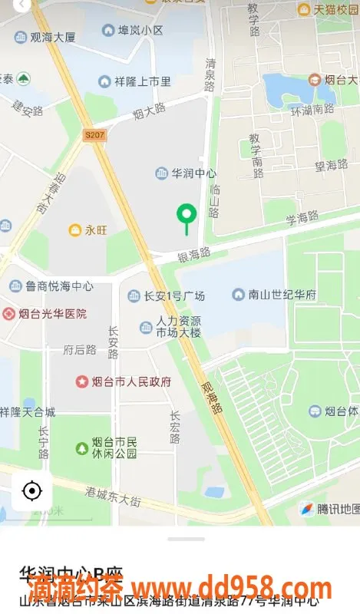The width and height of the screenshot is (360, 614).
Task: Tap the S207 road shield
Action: pyautogui.click(x=94, y=136)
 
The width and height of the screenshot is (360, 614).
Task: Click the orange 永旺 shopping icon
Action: pyautogui.click(x=75, y=229)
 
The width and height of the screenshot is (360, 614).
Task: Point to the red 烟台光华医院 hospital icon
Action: pyautogui.click(x=8, y=313)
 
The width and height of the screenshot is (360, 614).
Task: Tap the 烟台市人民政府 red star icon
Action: pyautogui.click(x=82, y=381)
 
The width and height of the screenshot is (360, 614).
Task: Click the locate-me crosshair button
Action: pyautogui.click(x=32, y=490)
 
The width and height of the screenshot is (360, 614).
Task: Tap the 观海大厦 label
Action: pyautogui.click(x=54, y=37)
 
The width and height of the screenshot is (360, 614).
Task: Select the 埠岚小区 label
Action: pyautogui.click(x=140, y=31)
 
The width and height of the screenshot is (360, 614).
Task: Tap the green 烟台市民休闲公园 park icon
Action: pyautogui.click(x=82, y=447)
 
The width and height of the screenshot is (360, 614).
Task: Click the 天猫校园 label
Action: pyautogui.click(x=331, y=9)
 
